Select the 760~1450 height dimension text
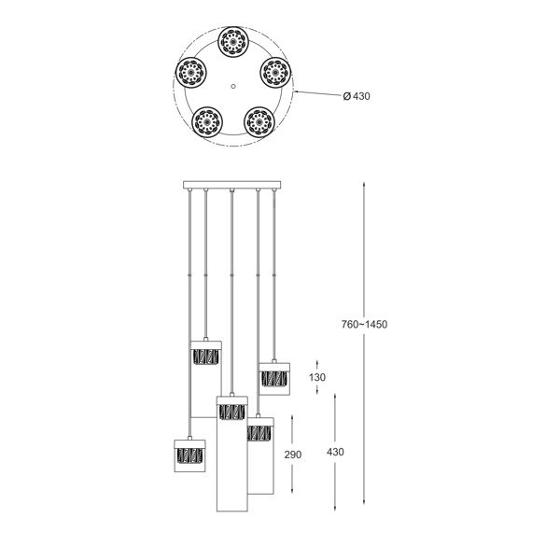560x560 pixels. pyautogui.click(x=365, y=325)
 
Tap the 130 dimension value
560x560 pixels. pyautogui.click(x=316, y=376)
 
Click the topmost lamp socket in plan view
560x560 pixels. pyautogui.click(x=230, y=44)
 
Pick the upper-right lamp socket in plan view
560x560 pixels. pyautogui.click(x=272, y=72)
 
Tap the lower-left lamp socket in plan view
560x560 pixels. pyautogui.click(x=204, y=121)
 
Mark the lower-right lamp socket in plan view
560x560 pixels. pyautogui.click(x=257, y=121)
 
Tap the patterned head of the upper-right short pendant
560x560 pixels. pyautogui.click(x=274, y=378)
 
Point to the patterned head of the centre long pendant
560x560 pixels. pyautogui.click(x=231, y=412)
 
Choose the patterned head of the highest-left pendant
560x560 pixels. pyautogui.click(x=204, y=356)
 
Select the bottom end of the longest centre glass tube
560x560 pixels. pyautogui.click(x=231, y=510)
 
